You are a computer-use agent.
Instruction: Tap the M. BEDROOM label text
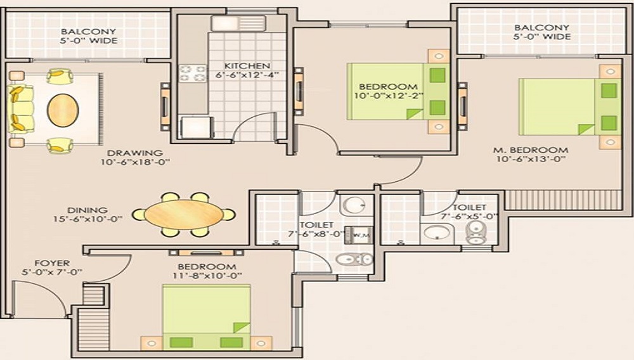point(531,150)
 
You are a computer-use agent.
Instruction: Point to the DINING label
point(87,210)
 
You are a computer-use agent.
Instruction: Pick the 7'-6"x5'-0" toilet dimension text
point(469,216)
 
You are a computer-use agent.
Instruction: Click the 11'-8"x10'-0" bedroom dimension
point(210,276)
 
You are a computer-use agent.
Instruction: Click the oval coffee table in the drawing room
point(63,110)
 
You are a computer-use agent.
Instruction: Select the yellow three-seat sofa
point(20,109)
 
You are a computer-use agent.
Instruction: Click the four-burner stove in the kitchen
point(193,74)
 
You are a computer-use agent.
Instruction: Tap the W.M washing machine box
point(358,235)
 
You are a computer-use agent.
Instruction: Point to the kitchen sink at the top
point(238,23)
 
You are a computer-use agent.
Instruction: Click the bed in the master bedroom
point(570,107)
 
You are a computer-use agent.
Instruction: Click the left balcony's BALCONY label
point(89,32)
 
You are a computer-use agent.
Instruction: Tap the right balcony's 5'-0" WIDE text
point(542,37)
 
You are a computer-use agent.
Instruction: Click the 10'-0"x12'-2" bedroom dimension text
point(388,96)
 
